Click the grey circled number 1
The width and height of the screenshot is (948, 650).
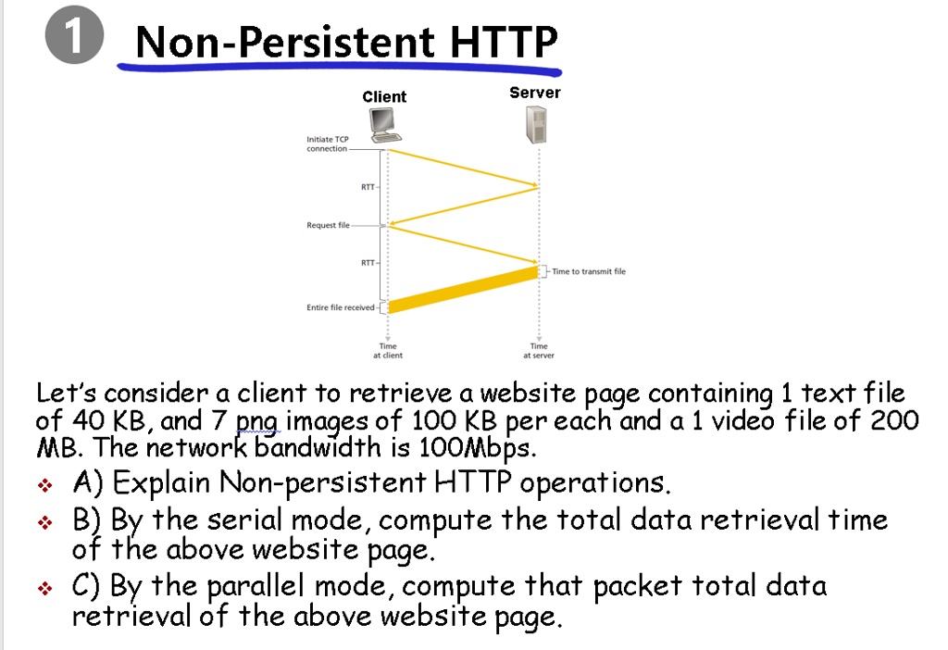click(x=74, y=34)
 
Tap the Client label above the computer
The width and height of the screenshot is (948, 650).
click(x=384, y=96)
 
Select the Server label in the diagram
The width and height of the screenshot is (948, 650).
click(x=534, y=93)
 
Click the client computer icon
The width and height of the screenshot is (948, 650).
click(x=385, y=125)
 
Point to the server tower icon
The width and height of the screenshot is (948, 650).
click(x=536, y=125)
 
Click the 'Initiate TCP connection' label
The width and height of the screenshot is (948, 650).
click(x=327, y=144)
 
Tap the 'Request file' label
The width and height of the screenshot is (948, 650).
click(x=328, y=225)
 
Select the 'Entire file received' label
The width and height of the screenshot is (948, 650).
click(x=341, y=307)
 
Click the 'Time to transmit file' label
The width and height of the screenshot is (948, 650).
click(x=588, y=271)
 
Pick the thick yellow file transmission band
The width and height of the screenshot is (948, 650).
click(x=463, y=290)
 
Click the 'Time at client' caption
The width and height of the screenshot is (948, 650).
click(x=388, y=351)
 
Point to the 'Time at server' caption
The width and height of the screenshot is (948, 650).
click(x=539, y=351)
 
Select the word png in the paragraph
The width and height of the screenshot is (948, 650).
click(x=258, y=421)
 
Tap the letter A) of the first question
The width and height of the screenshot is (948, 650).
click(x=88, y=482)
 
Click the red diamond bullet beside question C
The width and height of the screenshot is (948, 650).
click(x=44, y=588)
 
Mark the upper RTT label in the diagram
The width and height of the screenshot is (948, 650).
click(x=368, y=187)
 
